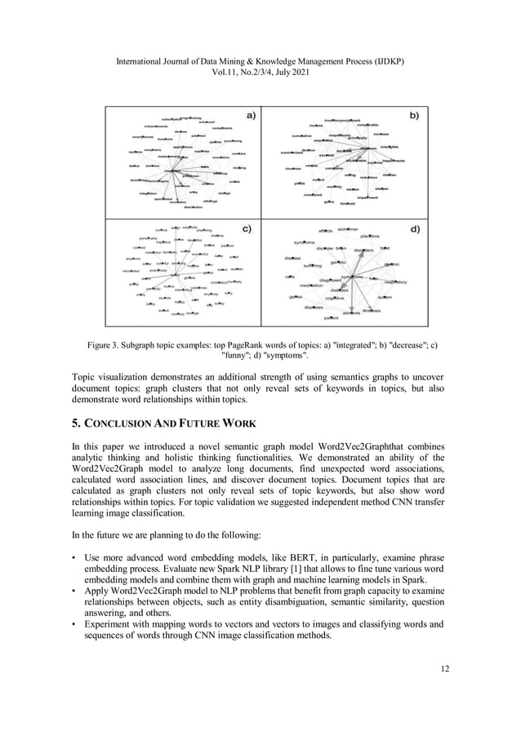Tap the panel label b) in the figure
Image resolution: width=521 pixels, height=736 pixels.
[x=415, y=116]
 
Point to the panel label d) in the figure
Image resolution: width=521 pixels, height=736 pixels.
[x=415, y=228]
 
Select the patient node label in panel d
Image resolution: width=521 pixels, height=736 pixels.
[x=332, y=317]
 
